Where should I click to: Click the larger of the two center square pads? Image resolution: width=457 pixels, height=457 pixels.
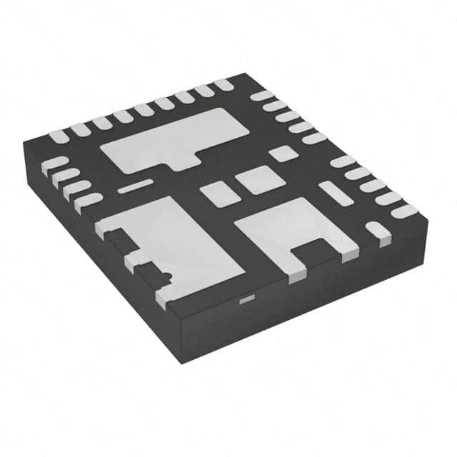point(256,179)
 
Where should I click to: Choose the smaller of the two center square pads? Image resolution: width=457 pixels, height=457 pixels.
point(216,192)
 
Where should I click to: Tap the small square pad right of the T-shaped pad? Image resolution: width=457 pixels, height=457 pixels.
point(283,153)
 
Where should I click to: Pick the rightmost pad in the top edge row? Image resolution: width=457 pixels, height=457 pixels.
point(224,84)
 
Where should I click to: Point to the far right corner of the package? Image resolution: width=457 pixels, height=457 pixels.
point(428,214)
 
